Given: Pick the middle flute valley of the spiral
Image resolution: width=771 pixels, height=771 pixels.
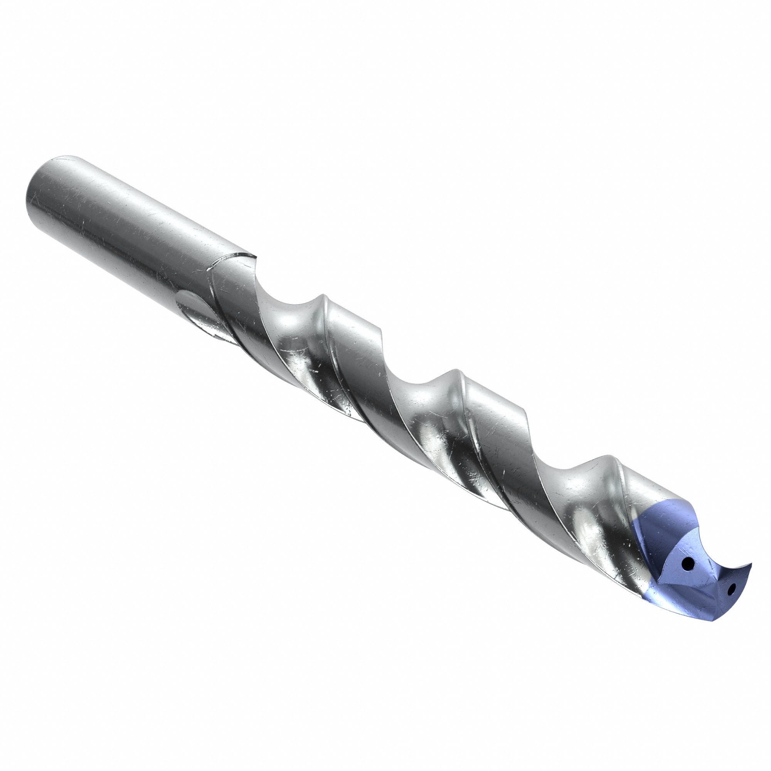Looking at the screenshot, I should coord(419,391).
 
